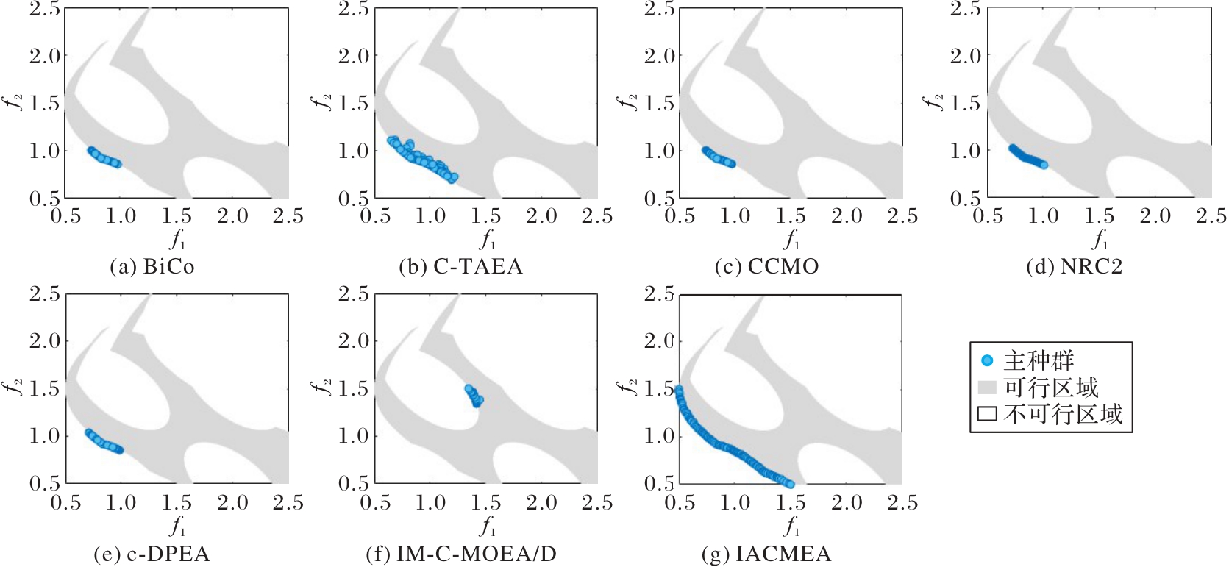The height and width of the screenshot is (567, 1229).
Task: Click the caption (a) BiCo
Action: point(152,267)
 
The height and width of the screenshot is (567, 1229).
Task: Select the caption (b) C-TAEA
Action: point(461,267)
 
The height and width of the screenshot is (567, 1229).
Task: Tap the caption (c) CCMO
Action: point(766,267)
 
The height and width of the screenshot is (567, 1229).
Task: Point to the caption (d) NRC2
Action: point(1075,267)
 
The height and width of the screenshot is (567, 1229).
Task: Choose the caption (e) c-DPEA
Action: point(152,554)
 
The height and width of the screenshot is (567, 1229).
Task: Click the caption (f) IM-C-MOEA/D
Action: point(461,554)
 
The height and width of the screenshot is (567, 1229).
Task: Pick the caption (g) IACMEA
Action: point(766,554)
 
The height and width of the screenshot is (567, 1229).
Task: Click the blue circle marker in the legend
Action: point(987,360)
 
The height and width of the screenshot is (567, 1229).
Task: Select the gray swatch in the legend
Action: point(987,387)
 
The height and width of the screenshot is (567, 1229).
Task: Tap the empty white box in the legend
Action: point(987,413)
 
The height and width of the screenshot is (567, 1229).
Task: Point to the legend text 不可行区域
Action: point(1064,413)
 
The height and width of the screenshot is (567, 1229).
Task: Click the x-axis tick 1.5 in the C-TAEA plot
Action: point(485,216)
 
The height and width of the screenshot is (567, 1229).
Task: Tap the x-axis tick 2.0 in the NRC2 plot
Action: point(1155,216)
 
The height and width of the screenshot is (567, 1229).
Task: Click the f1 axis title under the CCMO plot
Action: point(791,240)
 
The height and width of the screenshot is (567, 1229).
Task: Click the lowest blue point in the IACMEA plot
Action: point(791,484)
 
